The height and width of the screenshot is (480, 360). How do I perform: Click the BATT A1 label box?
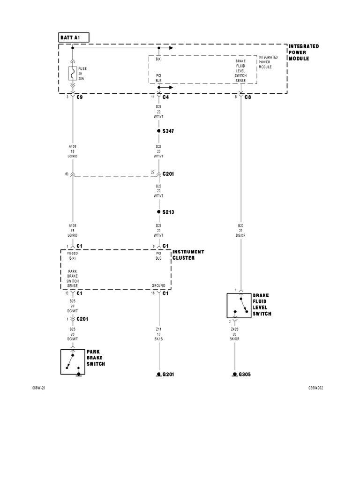73,37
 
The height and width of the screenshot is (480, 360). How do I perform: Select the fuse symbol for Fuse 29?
73,73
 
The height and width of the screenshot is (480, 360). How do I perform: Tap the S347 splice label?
168,131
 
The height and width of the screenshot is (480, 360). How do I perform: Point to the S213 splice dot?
159,212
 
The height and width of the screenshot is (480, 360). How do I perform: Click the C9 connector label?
80,98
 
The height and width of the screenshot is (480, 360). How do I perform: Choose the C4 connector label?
166,98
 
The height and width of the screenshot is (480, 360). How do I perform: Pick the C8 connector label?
248,98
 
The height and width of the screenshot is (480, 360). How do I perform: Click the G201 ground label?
168,375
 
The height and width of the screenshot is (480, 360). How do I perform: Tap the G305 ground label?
245,375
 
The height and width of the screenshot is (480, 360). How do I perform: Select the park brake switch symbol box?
73,361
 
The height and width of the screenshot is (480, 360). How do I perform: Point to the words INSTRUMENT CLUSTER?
188,255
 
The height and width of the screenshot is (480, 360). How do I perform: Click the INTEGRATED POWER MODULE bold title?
303,52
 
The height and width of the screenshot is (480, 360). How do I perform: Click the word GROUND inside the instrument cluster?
158,285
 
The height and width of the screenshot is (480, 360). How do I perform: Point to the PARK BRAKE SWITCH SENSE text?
73,278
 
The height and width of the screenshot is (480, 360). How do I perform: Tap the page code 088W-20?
38,388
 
